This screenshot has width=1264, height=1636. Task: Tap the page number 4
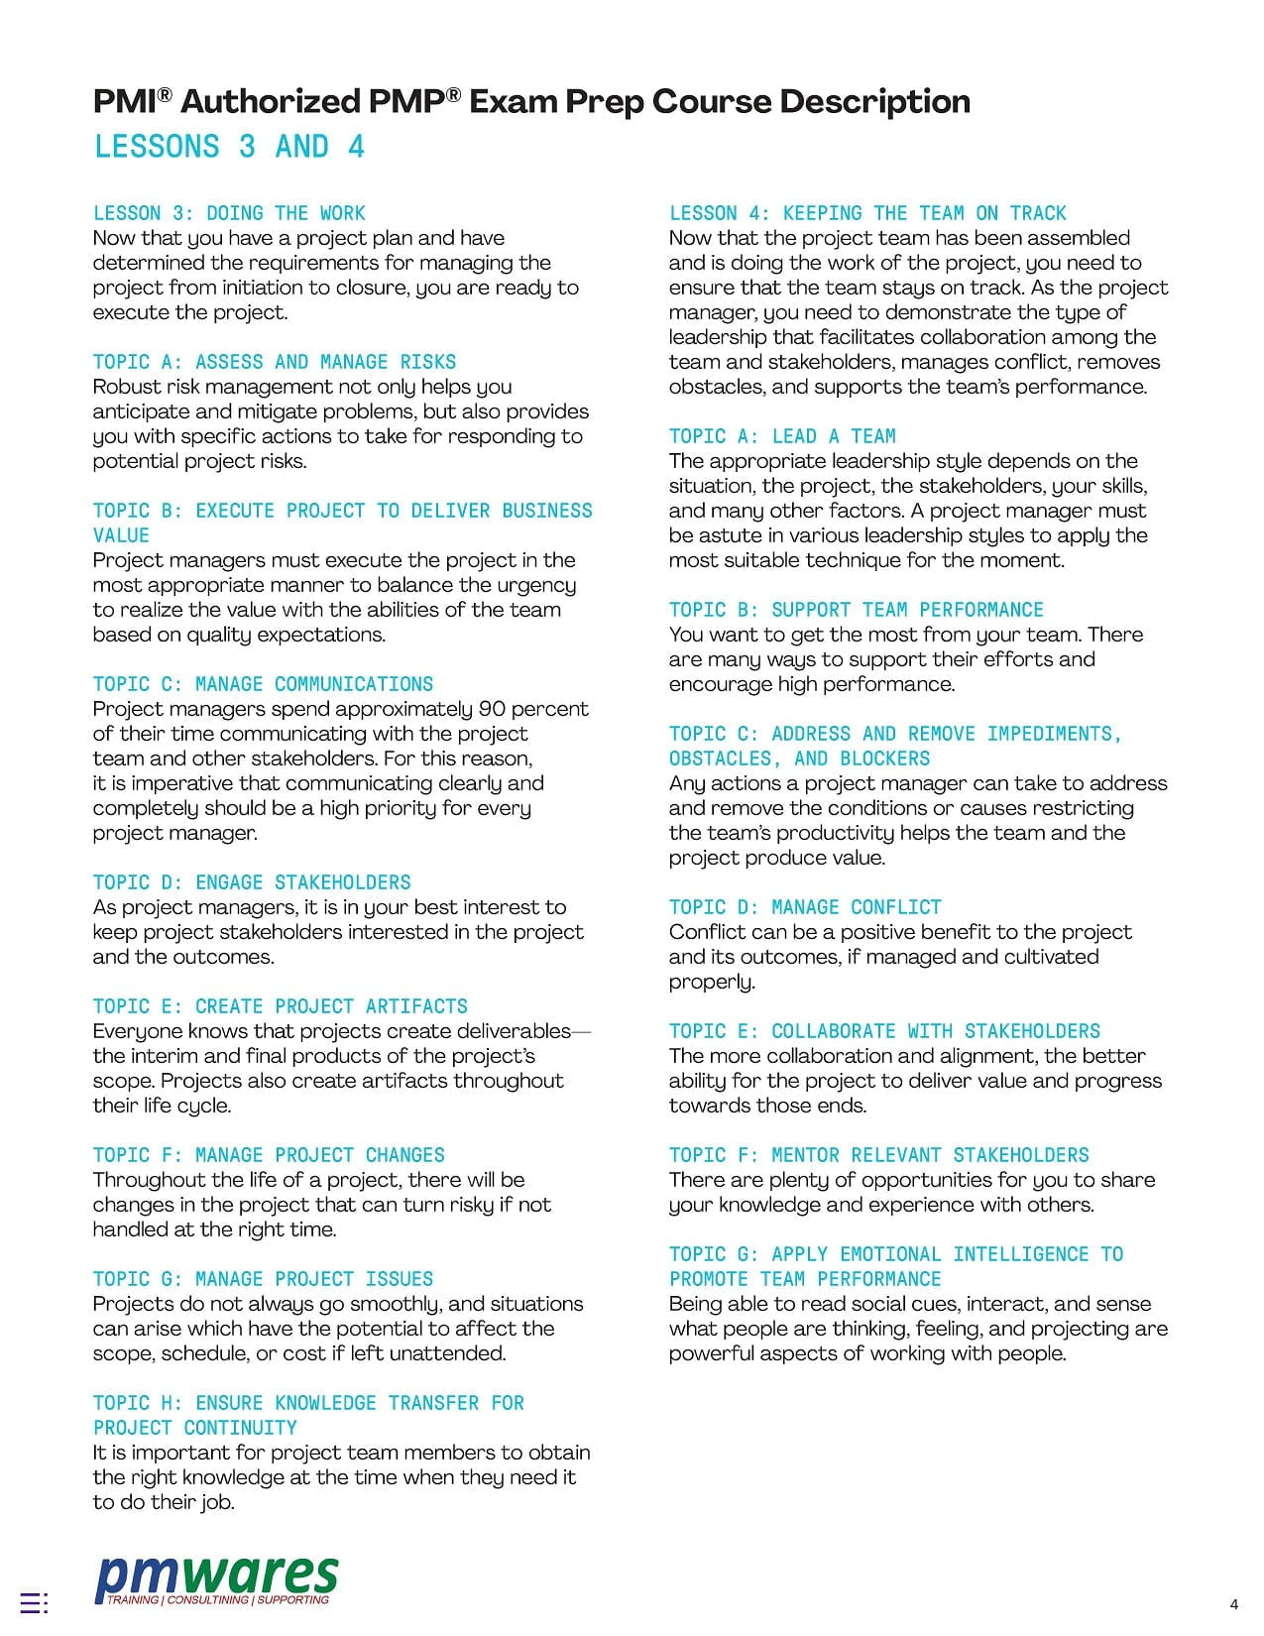coord(1233,1604)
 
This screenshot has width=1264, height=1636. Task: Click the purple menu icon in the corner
coord(34,1602)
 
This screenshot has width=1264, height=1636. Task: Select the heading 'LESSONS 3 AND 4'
coord(229,147)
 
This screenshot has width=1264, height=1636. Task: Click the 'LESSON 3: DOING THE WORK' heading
coord(229,213)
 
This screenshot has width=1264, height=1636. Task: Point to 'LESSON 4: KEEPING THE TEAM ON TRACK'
coord(867,213)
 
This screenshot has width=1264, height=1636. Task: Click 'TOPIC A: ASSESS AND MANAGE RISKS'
coord(275,362)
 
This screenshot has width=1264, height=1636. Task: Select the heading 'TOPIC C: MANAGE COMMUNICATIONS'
coord(263,684)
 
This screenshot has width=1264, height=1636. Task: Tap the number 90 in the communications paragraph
coord(493,709)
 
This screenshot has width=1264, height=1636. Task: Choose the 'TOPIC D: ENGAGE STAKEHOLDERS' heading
coord(252,882)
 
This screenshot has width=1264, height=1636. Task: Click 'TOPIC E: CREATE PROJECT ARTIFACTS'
coord(281,1006)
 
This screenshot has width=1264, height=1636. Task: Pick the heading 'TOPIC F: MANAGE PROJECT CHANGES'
coord(269,1155)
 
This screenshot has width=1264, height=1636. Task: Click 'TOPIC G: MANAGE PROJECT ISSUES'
coord(263,1279)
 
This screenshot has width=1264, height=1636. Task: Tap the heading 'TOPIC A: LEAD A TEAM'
coord(782,436)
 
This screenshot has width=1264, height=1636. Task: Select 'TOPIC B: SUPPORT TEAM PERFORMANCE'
coord(856,610)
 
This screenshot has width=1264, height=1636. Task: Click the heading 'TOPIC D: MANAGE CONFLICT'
coord(805,907)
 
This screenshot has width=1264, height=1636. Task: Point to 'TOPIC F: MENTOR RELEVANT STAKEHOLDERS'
coord(878,1155)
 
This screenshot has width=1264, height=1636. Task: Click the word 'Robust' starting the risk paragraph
coord(129,387)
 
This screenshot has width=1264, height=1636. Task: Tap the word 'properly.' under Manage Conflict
coord(712,982)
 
